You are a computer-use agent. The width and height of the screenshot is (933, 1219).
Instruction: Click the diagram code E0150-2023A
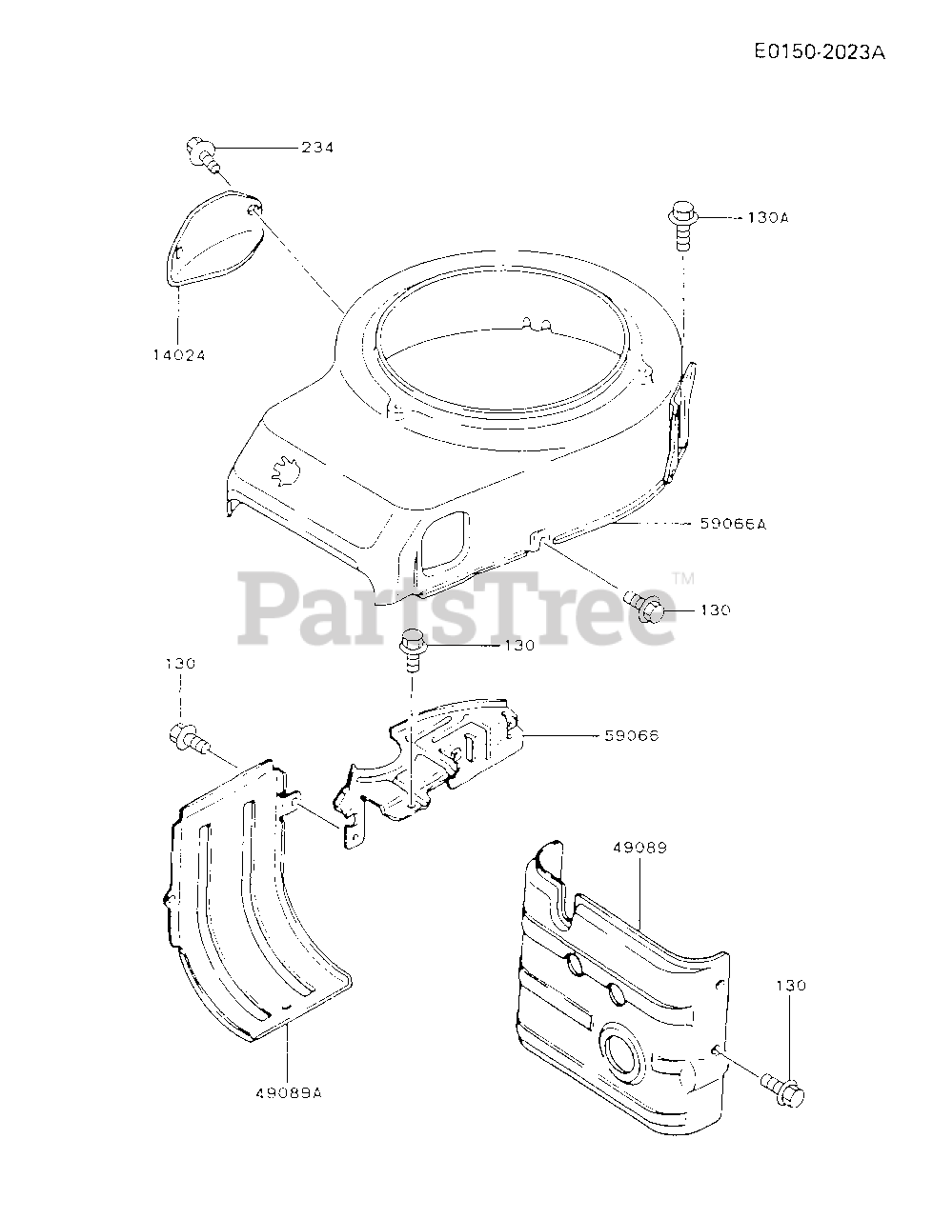point(819,53)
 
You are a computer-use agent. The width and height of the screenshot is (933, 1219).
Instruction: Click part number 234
point(317,148)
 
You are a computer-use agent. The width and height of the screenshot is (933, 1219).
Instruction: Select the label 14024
point(179,354)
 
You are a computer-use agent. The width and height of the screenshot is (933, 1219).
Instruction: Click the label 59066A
point(733,523)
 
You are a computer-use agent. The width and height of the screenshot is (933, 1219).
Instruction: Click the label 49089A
point(289,1093)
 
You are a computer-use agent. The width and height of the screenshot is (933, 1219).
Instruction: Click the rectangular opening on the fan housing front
point(443,539)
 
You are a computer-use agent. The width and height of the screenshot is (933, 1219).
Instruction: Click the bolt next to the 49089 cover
point(782,1089)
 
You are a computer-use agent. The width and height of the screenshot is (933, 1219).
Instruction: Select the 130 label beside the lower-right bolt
point(790,985)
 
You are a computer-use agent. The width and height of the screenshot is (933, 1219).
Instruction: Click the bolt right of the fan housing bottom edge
point(648,606)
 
